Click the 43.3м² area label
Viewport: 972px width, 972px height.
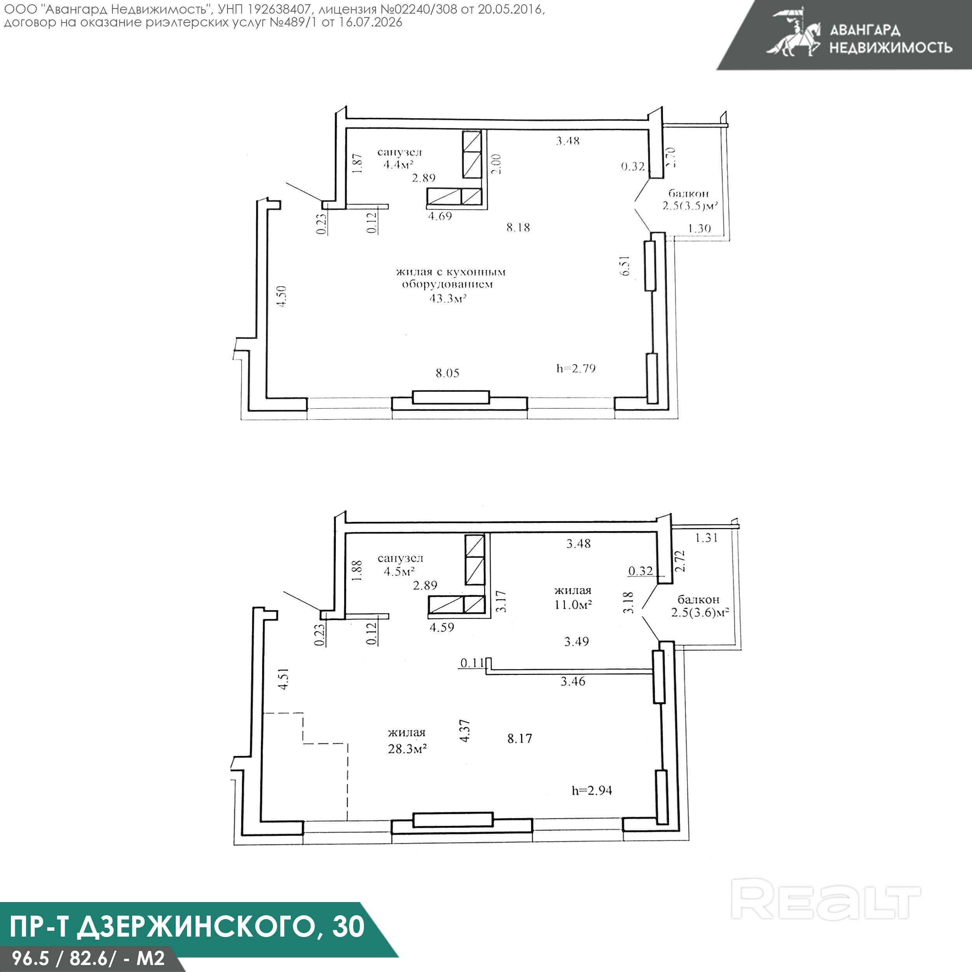[448, 298]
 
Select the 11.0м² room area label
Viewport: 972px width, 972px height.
[573, 604]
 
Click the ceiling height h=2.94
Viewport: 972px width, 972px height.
[592, 790]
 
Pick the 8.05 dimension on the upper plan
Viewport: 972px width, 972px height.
[447, 373]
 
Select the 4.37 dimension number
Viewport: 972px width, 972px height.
[465, 730]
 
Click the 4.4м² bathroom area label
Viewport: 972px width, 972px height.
[399, 164]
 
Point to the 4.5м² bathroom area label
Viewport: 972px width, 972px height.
[399, 571]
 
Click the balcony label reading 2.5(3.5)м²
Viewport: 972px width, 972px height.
[690, 205]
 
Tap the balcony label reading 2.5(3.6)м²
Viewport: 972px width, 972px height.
[700, 612]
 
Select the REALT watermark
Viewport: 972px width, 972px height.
[825, 905]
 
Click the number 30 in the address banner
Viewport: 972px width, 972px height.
[348, 926]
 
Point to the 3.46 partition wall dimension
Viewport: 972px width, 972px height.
[573, 681]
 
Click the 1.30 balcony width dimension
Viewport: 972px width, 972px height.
[699, 228]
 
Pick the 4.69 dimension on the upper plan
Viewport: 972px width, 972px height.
[440, 216]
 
